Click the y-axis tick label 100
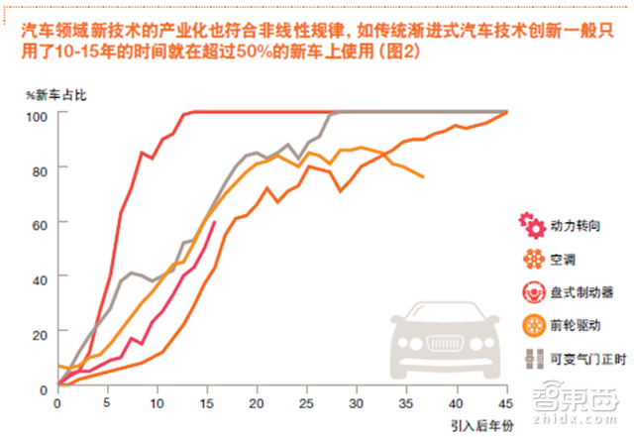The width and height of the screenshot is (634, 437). pyautogui.click(x=36, y=115)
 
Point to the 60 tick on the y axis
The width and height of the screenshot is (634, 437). pyautogui.click(x=39, y=225)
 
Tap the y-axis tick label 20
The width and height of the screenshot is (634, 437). pyautogui.click(x=39, y=334)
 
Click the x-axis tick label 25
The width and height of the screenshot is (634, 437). pyautogui.click(x=308, y=404)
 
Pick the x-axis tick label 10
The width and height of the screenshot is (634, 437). pyautogui.click(x=158, y=404)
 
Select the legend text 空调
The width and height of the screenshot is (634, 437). pyautogui.click(x=566, y=261)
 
